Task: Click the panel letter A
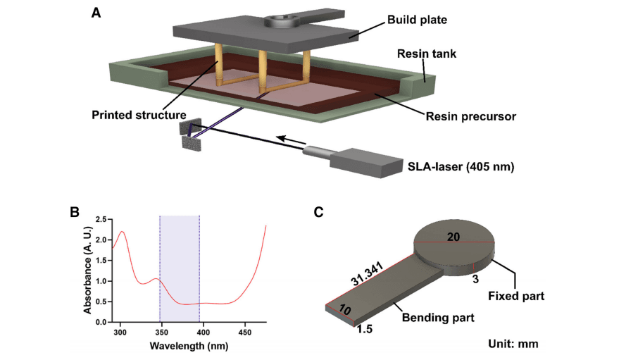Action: click(96, 11)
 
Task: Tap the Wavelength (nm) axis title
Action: click(189, 346)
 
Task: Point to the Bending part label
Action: click(437, 318)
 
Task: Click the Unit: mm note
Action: click(513, 345)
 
